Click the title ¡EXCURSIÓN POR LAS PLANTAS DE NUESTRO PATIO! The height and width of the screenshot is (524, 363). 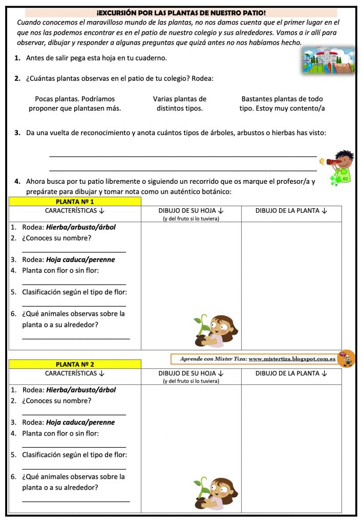coord(181,12)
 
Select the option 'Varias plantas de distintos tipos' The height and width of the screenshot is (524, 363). coord(180,103)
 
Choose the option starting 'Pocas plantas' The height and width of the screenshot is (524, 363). coord(75,103)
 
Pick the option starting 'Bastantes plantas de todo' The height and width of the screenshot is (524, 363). coord(282,103)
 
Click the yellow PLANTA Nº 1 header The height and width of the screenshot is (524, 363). coord(75,202)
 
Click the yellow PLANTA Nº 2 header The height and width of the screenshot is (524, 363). coord(75,364)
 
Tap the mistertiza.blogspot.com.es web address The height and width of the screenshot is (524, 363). coord(292,359)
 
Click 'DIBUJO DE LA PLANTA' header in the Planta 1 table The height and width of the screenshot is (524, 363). coord(291,210)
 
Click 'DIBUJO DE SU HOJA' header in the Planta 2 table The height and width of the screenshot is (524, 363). coord(191,374)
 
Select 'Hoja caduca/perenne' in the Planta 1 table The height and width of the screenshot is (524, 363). coord(80,259)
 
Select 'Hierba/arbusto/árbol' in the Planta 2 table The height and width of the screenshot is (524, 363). coord(81,390)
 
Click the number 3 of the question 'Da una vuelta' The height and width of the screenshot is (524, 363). coord(17,133)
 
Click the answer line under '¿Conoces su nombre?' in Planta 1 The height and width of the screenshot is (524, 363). coord(74,252)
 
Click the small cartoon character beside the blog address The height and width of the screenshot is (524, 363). coord(347,359)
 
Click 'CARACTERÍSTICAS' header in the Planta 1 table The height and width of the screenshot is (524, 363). coord(75,210)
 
